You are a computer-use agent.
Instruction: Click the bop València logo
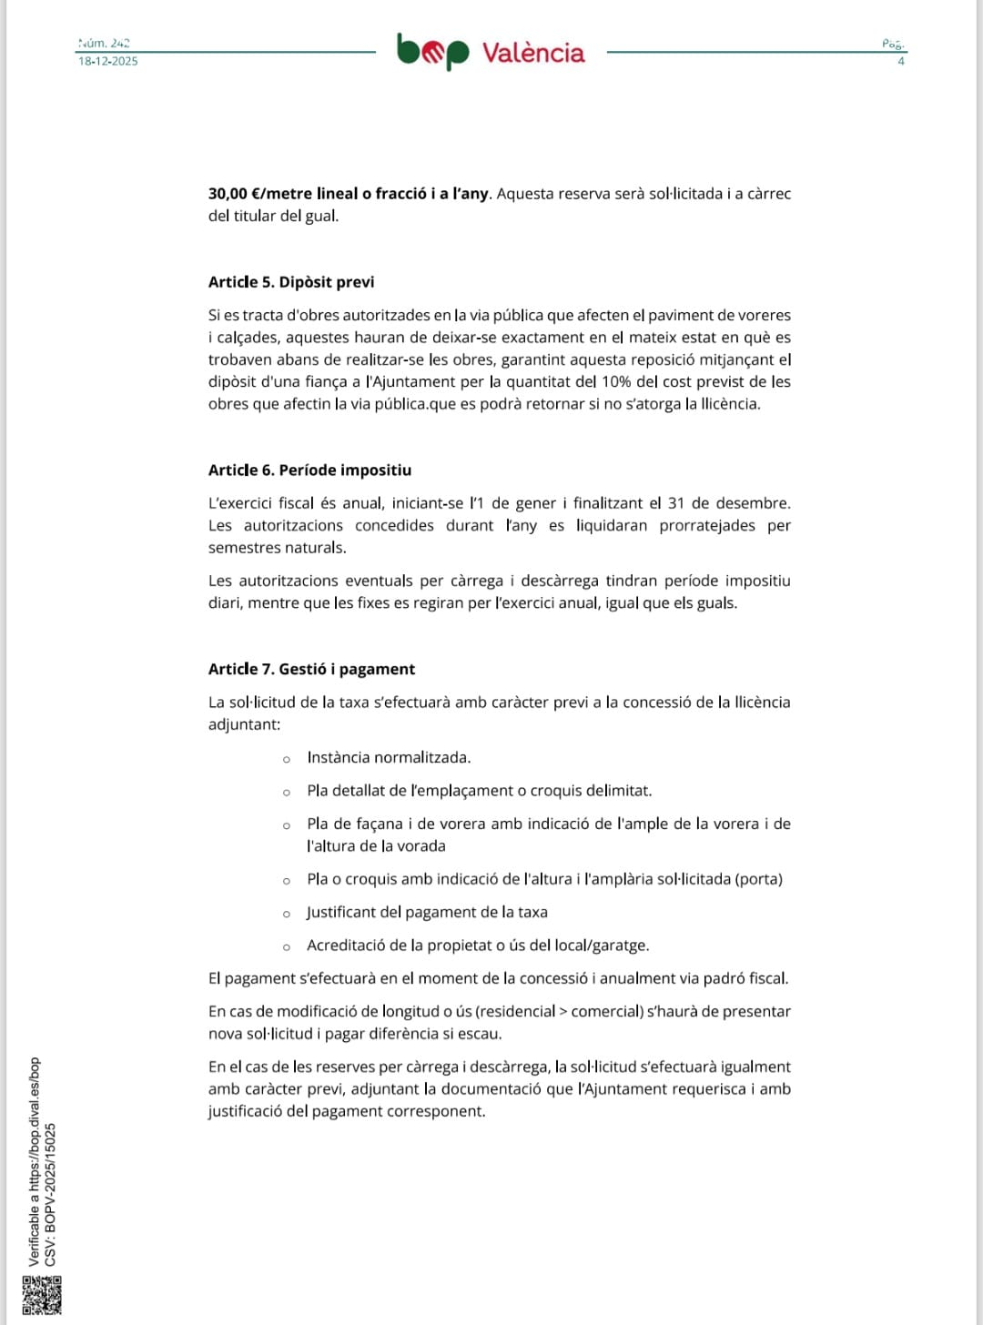coord(491,52)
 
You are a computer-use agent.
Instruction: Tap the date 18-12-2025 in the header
coord(107,61)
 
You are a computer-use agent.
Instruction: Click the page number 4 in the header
coord(901,61)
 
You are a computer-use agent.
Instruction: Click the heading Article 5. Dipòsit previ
coord(291,282)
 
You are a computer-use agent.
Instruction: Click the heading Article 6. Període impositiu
coord(309,470)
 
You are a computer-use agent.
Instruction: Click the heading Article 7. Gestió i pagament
coord(311,670)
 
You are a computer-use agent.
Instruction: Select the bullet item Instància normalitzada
coord(389,758)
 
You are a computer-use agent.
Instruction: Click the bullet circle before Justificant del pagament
coord(287,914)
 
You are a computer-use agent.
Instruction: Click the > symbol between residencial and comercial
coord(562,1012)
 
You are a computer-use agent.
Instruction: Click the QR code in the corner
coord(41,1295)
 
